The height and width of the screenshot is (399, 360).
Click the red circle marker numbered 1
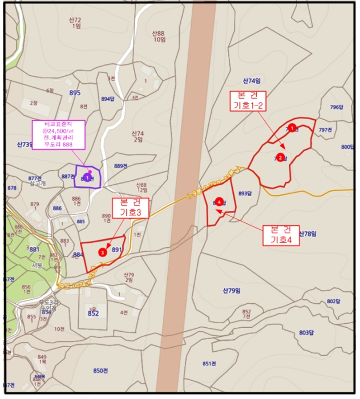[292, 128]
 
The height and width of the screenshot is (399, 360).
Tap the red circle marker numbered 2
[280, 157]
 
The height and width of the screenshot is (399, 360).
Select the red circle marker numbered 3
[102, 251]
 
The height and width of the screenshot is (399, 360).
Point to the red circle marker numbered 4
[219, 202]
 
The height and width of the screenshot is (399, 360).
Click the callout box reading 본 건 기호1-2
[247, 100]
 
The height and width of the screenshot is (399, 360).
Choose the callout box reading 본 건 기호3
[130, 207]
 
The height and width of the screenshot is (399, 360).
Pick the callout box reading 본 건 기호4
[281, 235]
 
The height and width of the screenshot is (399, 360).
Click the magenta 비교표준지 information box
[60, 134]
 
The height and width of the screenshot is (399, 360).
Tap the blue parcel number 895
[74, 93]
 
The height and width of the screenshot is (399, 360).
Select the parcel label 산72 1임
[75, 23]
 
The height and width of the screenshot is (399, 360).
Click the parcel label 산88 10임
[158, 36]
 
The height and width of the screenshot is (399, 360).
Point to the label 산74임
[251, 81]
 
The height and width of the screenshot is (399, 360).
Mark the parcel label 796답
[337, 107]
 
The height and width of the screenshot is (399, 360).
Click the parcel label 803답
[306, 332]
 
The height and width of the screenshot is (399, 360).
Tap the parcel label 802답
[333, 301]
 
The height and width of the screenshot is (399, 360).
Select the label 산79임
[232, 291]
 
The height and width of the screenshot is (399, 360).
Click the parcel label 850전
[100, 370]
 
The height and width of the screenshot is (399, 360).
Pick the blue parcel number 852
[93, 313]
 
